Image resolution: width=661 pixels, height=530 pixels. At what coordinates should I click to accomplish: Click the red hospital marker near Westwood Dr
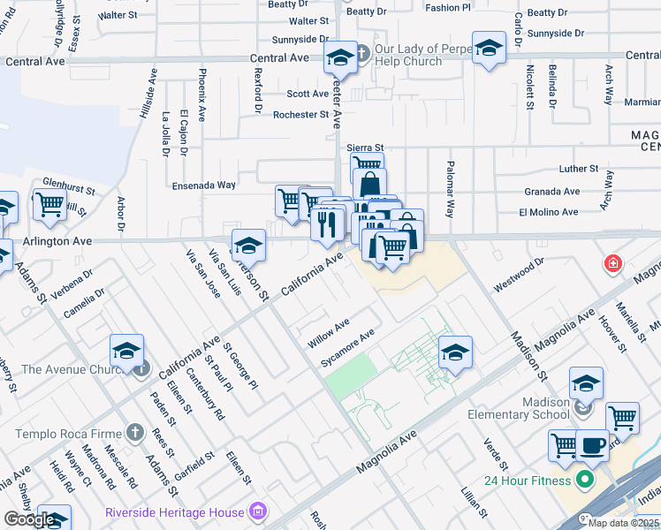click(x=612, y=264)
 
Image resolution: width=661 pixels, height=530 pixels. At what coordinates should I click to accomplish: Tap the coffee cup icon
click(x=591, y=445)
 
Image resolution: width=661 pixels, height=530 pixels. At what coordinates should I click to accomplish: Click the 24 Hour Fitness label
click(x=528, y=481)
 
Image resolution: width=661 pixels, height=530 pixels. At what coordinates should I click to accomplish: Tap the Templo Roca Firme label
click(x=71, y=433)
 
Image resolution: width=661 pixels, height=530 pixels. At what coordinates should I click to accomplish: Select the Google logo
click(x=29, y=519)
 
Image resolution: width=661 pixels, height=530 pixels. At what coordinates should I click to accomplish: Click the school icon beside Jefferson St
click(x=248, y=246)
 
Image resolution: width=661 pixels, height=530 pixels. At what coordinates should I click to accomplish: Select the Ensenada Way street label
click(x=204, y=185)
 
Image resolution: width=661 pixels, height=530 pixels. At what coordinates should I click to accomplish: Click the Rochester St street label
click(x=295, y=115)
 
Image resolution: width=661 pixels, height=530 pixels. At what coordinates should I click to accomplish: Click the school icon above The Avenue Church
click(x=126, y=352)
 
